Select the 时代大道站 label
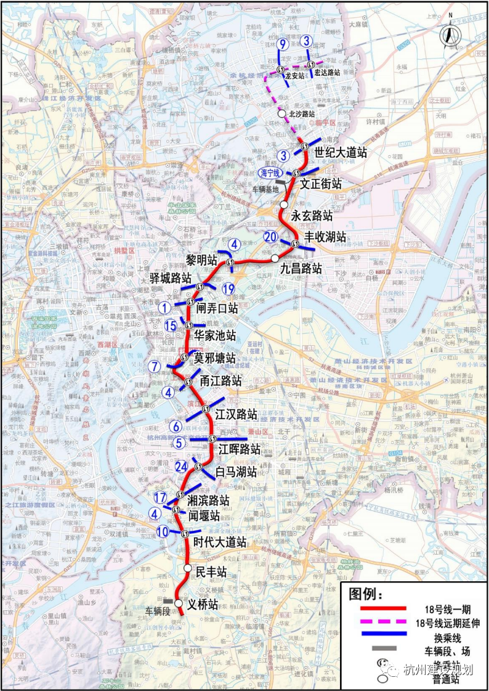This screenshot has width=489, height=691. click(x=220, y=542)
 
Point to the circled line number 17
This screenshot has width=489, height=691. click(x=161, y=497)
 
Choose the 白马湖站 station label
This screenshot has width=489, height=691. click(x=236, y=472)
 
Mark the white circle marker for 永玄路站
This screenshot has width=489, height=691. click(x=284, y=204)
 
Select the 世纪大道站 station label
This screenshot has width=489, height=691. click(x=341, y=152)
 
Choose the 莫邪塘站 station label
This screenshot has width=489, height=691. click(x=214, y=358)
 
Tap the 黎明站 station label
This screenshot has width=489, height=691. click(x=202, y=259)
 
